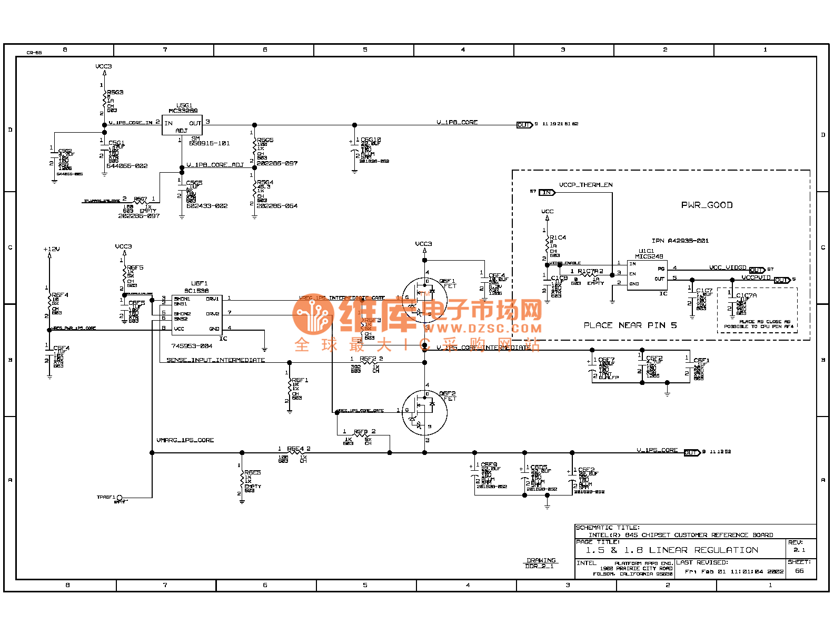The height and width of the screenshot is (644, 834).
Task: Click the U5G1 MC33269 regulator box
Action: [x=182, y=126]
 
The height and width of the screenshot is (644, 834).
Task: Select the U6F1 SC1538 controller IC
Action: [x=196, y=314]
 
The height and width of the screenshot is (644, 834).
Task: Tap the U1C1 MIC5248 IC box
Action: [x=647, y=275]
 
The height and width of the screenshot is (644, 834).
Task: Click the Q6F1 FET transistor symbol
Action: [x=424, y=301]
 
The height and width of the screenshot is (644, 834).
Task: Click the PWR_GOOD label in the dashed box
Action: [x=707, y=205]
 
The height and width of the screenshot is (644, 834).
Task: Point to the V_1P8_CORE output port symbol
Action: [x=524, y=125]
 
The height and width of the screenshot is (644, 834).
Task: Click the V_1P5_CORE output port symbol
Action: [x=691, y=452]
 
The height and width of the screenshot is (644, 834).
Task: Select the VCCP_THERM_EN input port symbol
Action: [x=547, y=192]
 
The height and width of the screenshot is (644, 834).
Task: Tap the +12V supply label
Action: [x=52, y=249]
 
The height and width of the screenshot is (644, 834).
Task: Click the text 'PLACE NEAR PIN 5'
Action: [x=630, y=325]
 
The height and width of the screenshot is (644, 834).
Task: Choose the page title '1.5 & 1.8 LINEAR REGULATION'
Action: [x=672, y=550]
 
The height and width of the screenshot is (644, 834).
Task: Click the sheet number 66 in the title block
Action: [x=799, y=571]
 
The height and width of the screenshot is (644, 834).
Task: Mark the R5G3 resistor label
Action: [x=115, y=92]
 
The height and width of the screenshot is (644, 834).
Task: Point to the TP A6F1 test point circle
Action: [x=120, y=498]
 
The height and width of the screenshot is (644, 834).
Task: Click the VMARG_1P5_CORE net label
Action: [x=185, y=440]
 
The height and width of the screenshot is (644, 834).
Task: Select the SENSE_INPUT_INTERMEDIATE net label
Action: [x=215, y=360]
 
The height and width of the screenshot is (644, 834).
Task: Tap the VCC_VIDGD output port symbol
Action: [x=757, y=270]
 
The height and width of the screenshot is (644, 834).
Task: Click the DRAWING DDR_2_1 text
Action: [x=541, y=563]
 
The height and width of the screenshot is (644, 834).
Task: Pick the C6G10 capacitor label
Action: [x=371, y=140]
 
